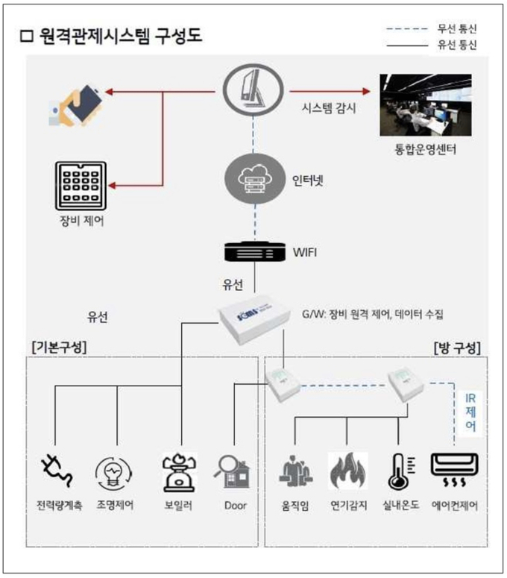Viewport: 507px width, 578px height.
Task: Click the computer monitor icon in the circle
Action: (x=253, y=90)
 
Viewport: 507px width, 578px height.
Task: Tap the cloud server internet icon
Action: (x=255, y=179)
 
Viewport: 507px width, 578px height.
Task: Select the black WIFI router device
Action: (x=255, y=252)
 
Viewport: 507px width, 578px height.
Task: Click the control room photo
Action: (x=426, y=105)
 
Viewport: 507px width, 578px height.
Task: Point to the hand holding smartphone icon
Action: (x=77, y=106)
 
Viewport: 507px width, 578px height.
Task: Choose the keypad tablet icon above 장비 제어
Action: (x=81, y=186)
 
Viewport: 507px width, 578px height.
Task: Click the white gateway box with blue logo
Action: (x=254, y=319)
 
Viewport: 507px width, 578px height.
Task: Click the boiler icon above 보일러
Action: (x=179, y=473)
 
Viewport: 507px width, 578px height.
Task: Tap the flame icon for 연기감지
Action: (x=348, y=471)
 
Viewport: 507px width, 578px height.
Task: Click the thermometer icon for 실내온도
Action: (x=400, y=471)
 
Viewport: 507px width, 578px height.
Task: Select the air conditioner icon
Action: (x=455, y=470)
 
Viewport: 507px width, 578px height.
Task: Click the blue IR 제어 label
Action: (x=470, y=412)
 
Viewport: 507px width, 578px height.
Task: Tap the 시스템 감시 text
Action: (x=329, y=108)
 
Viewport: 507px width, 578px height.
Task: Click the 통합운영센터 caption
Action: (x=426, y=149)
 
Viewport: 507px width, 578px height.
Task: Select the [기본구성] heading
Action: (x=59, y=347)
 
